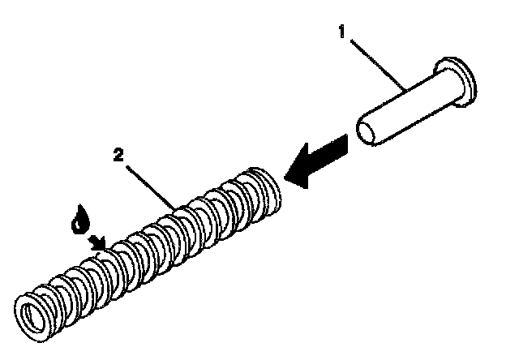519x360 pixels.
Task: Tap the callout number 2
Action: click(x=118, y=154)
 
